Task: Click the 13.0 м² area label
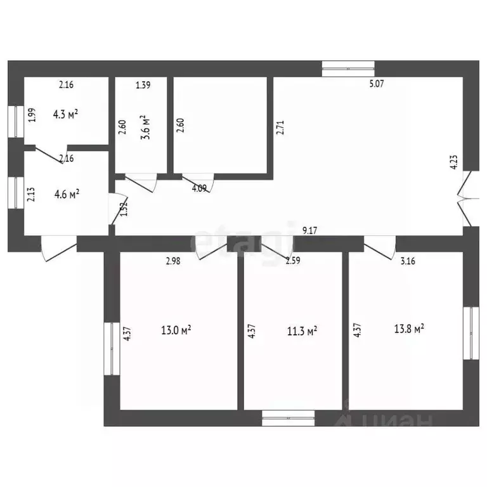click(x=176, y=330)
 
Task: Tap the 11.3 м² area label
click(x=302, y=331)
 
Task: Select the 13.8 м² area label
click(x=409, y=328)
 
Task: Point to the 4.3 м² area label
click(x=65, y=114)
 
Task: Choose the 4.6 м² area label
click(x=67, y=194)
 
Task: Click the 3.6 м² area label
click(x=145, y=127)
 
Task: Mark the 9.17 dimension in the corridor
click(x=309, y=230)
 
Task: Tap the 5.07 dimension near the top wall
click(x=377, y=84)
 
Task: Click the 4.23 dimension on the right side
click(x=454, y=162)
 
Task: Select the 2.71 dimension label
click(x=280, y=127)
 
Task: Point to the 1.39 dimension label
click(x=143, y=85)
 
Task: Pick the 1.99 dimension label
click(x=32, y=115)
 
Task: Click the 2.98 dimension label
click(x=173, y=261)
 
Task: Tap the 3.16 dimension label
click(x=408, y=261)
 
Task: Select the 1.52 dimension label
click(x=124, y=209)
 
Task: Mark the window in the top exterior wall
click(x=348, y=68)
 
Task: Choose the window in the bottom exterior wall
click(x=289, y=418)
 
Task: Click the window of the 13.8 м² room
click(x=471, y=334)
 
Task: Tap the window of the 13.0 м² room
click(x=112, y=349)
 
